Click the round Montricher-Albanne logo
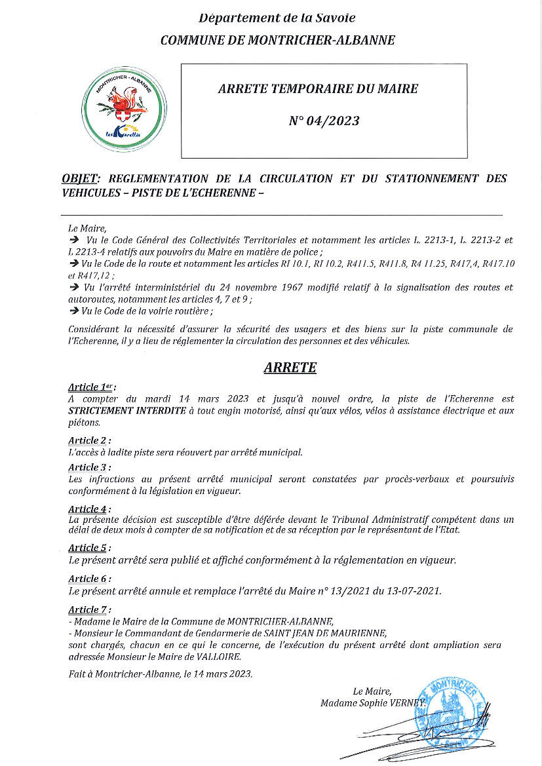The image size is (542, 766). tap(124, 110)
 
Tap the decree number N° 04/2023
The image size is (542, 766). tap(324, 121)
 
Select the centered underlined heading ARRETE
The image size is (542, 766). tap(290, 368)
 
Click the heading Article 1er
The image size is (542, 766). tap(92, 387)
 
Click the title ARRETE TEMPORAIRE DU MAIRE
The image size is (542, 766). tap(318, 88)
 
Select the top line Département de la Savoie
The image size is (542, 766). tap(277, 18)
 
